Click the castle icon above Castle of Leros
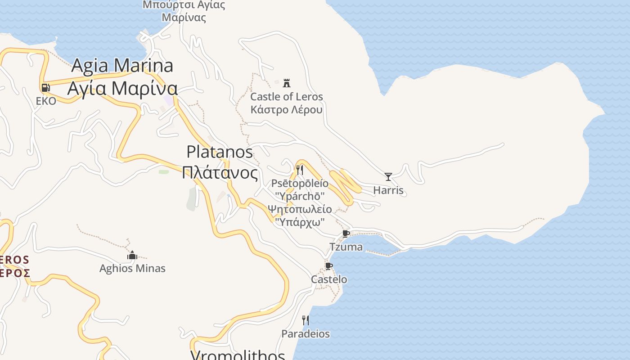coord(287,83)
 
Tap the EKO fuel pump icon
coord(45,88)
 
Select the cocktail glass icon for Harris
coord(388,177)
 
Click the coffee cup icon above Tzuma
coord(346,234)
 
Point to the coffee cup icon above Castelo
coord(329,266)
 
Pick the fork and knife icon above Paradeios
coord(306,320)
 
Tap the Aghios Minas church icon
coord(132,256)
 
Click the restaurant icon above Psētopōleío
coord(300,170)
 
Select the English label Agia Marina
coord(122,66)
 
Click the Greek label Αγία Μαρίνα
coord(122,88)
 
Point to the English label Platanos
coord(220,152)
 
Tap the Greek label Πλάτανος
coord(220,173)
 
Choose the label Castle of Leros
coord(287,97)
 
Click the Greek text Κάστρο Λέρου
coord(287,109)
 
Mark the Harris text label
coord(388,190)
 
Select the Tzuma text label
coord(346,247)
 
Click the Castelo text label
coord(329,279)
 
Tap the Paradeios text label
coord(306,334)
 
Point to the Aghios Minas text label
coord(132,269)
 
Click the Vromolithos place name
coord(238,355)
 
